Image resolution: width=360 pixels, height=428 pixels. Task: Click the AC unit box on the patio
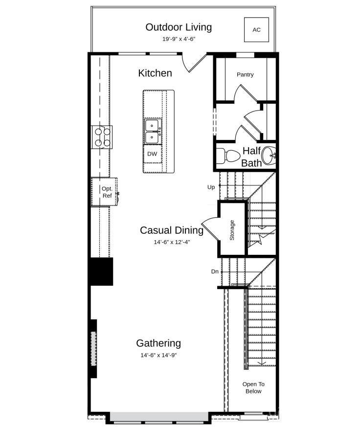256,29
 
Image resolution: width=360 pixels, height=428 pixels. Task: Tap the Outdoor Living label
179,27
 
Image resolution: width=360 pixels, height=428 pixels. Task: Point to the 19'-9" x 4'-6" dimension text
179,39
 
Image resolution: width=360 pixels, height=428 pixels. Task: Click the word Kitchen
155,73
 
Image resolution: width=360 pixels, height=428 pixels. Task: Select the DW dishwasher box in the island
152,154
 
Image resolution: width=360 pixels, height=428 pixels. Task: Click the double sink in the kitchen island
153,132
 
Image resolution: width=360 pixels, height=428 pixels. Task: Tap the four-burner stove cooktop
102,137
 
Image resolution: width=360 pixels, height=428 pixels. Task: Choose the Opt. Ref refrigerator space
104,192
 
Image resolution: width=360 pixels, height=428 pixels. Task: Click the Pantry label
245,74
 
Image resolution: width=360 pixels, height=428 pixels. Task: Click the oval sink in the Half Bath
269,156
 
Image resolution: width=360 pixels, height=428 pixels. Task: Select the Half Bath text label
251,157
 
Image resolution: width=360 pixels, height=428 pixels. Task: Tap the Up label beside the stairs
211,187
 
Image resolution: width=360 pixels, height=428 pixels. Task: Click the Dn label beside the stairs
215,271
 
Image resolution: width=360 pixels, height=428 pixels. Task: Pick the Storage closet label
232,230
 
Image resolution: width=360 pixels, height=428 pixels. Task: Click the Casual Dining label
172,230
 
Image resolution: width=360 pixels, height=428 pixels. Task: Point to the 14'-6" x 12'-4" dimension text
172,242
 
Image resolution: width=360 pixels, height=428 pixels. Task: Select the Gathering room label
158,343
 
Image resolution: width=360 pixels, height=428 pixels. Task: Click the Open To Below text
253,387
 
